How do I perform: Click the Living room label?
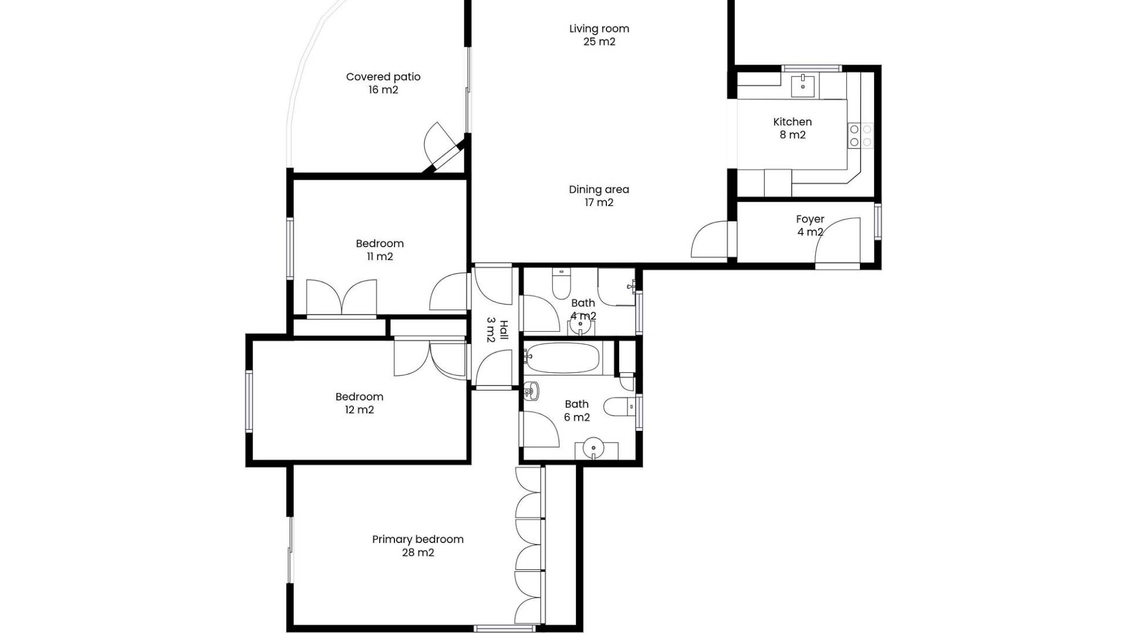coord(599,35)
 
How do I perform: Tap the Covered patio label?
coord(383,83)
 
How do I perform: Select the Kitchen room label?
coord(792,129)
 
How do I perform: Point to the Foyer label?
coord(810,225)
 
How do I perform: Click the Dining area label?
coord(599,196)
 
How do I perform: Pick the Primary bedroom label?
coord(418,546)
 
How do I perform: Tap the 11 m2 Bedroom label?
coord(380,250)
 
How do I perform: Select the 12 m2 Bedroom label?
coord(359,403)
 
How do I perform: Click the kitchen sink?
coord(802,86)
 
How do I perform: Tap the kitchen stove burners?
coord(861,136)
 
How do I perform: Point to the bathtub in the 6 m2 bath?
coord(562,358)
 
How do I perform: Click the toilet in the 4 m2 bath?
coord(561,284)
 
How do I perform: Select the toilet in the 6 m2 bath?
coord(619,406)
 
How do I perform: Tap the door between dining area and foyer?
coord(710,239)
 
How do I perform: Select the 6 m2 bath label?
coord(577,410)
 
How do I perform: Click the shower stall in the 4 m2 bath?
coord(616,287)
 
